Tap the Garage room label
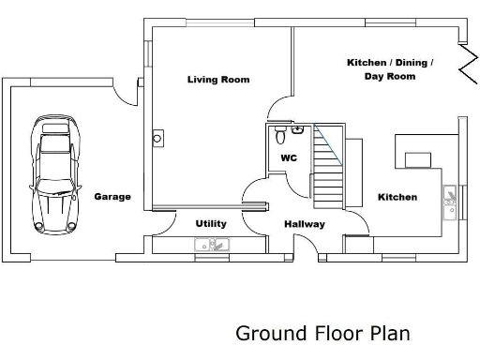(112, 197)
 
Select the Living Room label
(218, 80)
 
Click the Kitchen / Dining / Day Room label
(390, 69)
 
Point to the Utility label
(210, 224)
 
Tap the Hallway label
(305, 224)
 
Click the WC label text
(289, 158)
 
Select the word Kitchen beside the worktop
(397, 197)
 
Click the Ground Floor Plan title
(322, 333)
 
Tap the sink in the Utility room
(213, 246)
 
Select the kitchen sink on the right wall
(451, 198)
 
